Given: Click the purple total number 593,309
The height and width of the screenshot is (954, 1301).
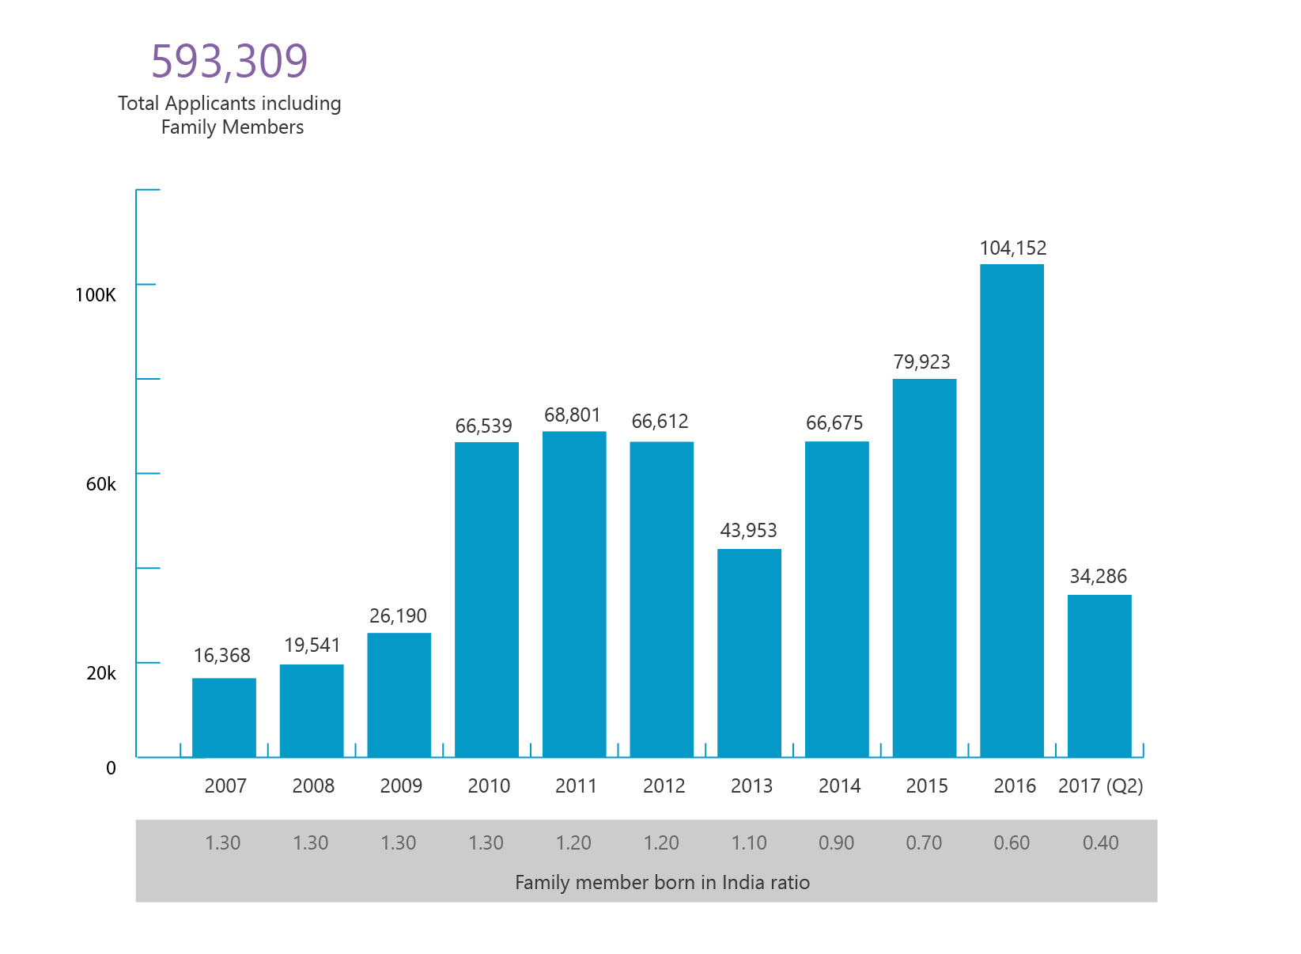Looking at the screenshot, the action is [x=230, y=61].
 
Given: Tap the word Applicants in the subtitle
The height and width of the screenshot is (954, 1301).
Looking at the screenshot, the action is [x=211, y=104].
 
